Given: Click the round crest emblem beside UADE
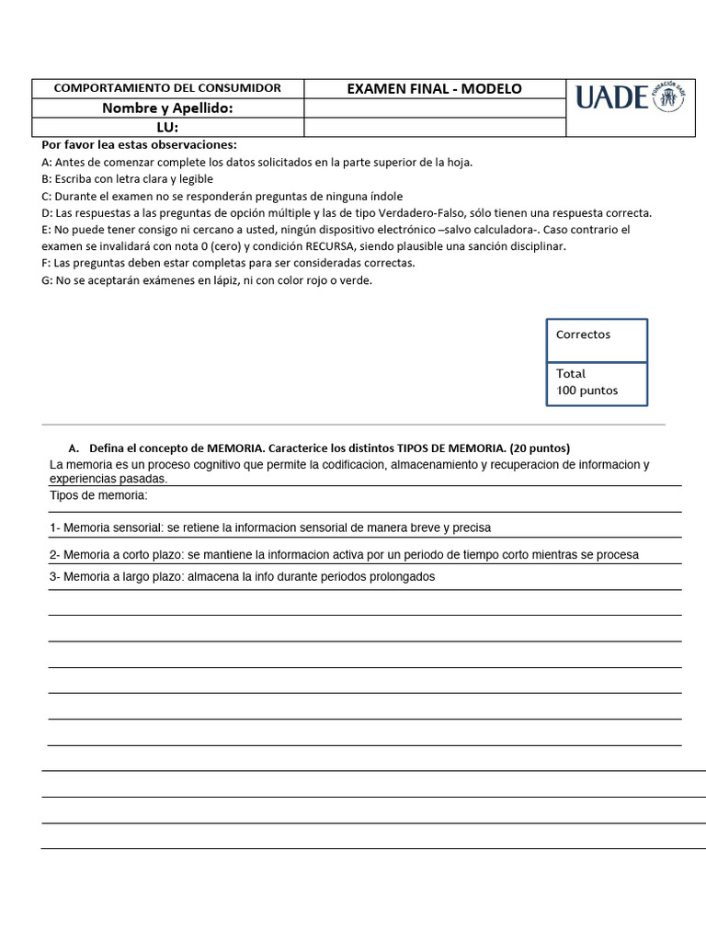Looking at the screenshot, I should pyautogui.click(x=667, y=97).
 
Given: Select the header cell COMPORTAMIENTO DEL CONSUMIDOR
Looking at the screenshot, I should pyautogui.click(x=167, y=88).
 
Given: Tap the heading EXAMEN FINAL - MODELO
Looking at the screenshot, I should pyautogui.click(x=434, y=88).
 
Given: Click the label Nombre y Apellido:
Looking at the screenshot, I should pyautogui.click(x=167, y=108).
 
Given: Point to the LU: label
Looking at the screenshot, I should pyautogui.click(x=167, y=128).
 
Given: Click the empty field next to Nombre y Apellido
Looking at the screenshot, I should pyautogui.click(x=434, y=108).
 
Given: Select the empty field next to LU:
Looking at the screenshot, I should pyautogui.click(x=434, y=128).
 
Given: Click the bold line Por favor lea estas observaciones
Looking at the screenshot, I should pyautogui.click(x=139, y=144).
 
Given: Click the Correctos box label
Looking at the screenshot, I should pyautogui.click(x=583, y=334).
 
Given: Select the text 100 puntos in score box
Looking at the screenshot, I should pyautogui.click(x=587, y=391).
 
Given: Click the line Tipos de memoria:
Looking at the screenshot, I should pyautogui.click(x=98, y=495).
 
